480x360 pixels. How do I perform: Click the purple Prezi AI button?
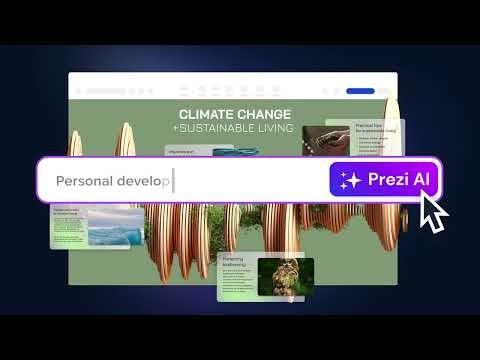click(384, 180)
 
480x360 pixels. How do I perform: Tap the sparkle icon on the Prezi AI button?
click(350, 181)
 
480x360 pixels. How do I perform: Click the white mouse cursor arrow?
click(432, 212)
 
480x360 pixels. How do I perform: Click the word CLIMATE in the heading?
click(205, 114)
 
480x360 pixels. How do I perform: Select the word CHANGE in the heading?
click(263, 114)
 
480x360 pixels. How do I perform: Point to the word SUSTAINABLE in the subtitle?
click(225, 128)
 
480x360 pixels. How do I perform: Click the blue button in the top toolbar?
click(360, 91)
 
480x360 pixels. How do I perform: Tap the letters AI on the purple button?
click(420, 181)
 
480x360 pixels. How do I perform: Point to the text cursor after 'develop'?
click(173, 182)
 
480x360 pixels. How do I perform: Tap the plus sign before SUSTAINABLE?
click(175, 128)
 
